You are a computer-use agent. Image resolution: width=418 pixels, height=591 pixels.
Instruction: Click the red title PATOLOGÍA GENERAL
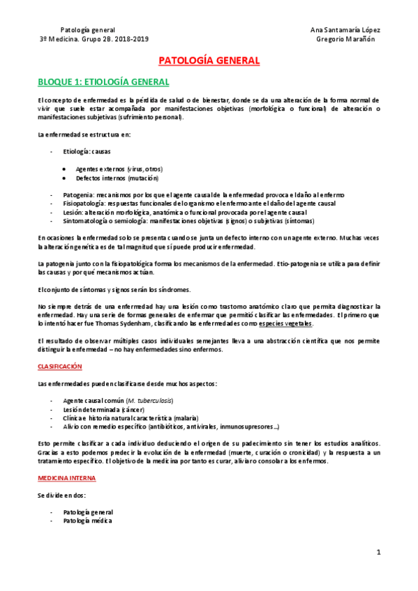(x=209, y=61)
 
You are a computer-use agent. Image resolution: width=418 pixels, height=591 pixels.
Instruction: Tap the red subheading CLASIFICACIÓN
(x=60, y=366)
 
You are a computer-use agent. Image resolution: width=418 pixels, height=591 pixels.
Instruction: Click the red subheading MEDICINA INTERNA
(x=68, y=478)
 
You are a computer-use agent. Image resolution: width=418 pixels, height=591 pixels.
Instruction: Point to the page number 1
(x=378, y=553)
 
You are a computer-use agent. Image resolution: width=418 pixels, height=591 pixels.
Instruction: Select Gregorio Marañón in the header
(x=345, y=39)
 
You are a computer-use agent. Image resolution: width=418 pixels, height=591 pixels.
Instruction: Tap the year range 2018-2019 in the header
(x=129, y=39)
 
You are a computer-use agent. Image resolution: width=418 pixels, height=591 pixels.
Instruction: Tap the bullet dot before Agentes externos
(x=64, y=169)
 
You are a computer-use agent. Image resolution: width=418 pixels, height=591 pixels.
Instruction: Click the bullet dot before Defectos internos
(x=64, y=178)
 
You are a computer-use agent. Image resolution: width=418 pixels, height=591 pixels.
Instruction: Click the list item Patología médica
(x=87, y=521)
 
